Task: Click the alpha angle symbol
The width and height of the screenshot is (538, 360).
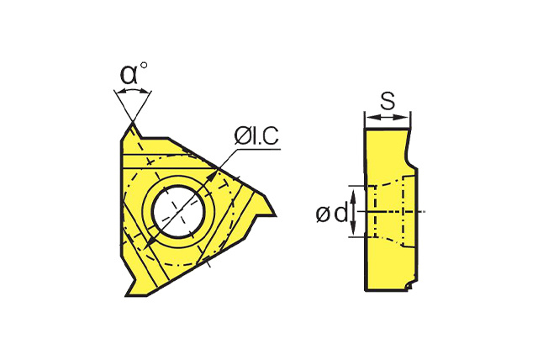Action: point(129,75)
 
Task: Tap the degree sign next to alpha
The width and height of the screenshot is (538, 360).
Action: point(144,66)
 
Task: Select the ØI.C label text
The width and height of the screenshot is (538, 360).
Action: point(256,136)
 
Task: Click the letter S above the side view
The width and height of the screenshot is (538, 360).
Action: point(388,101)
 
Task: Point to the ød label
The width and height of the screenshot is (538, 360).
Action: point(332,214)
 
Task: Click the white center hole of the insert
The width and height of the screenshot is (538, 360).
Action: point(177,211)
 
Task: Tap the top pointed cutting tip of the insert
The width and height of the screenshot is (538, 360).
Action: point(133,123)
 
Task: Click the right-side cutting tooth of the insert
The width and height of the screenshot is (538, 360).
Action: point(265,206)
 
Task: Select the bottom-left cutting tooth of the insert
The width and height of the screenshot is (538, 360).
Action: point(134,285)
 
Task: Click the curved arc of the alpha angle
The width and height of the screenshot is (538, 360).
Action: point(133,89)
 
